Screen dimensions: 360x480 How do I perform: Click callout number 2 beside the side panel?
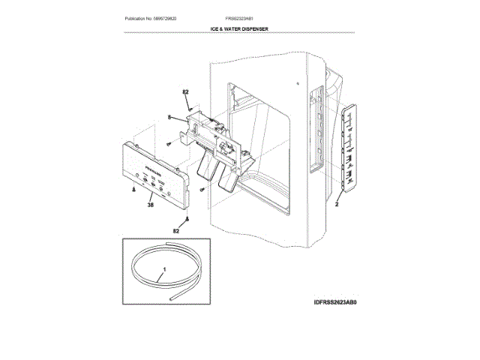pyautogui.click(x=337, y=203)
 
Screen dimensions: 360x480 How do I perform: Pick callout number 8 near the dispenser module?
pyautogui.click(x=169, y=117)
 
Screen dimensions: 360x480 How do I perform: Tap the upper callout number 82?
pyautogui.click(x=185, y=93)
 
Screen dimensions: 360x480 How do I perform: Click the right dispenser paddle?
pyautogui.click(x=227, y=177)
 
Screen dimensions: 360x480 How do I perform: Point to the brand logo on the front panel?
pyautogui.click(x=145, y=159)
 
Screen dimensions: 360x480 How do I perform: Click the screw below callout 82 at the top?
pyautogui.click(x=190, y=106)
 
